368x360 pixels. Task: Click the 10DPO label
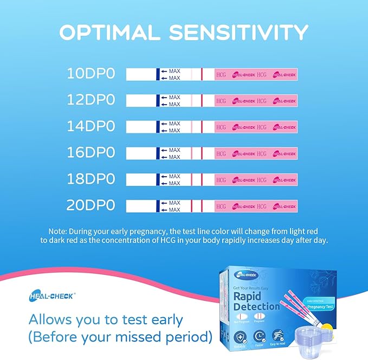(91, 74)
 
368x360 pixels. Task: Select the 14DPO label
(91, 127)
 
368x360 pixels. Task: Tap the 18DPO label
(91, 179)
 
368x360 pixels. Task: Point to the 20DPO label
(91, 206)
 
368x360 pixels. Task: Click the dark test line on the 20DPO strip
(191, 206)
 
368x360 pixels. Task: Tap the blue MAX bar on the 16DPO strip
(157, 153)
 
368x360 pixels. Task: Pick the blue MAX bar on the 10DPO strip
(157, 74)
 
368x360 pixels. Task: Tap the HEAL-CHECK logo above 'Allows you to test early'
(52, 296)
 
